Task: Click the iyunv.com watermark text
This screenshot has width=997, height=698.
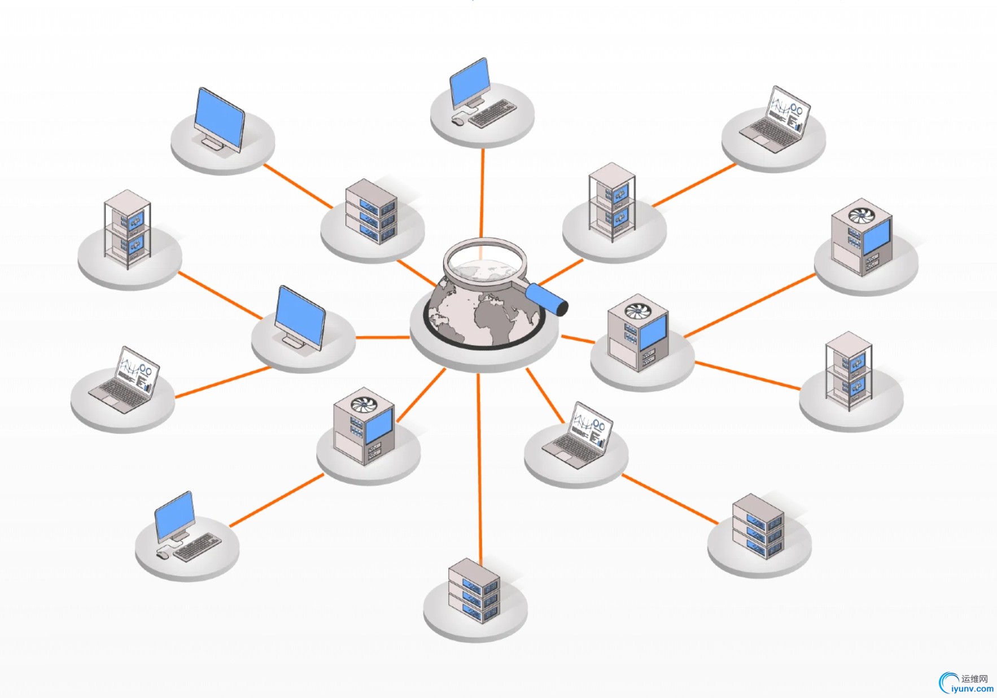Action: point(972,689)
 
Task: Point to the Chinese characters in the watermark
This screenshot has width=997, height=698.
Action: point(974,679)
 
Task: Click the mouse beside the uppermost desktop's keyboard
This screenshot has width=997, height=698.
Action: point(458,120)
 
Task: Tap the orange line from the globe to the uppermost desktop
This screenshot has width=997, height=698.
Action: point(482,192)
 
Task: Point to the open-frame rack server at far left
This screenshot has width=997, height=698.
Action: point(128,229)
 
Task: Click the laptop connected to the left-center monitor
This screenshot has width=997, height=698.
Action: point(125,380)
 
